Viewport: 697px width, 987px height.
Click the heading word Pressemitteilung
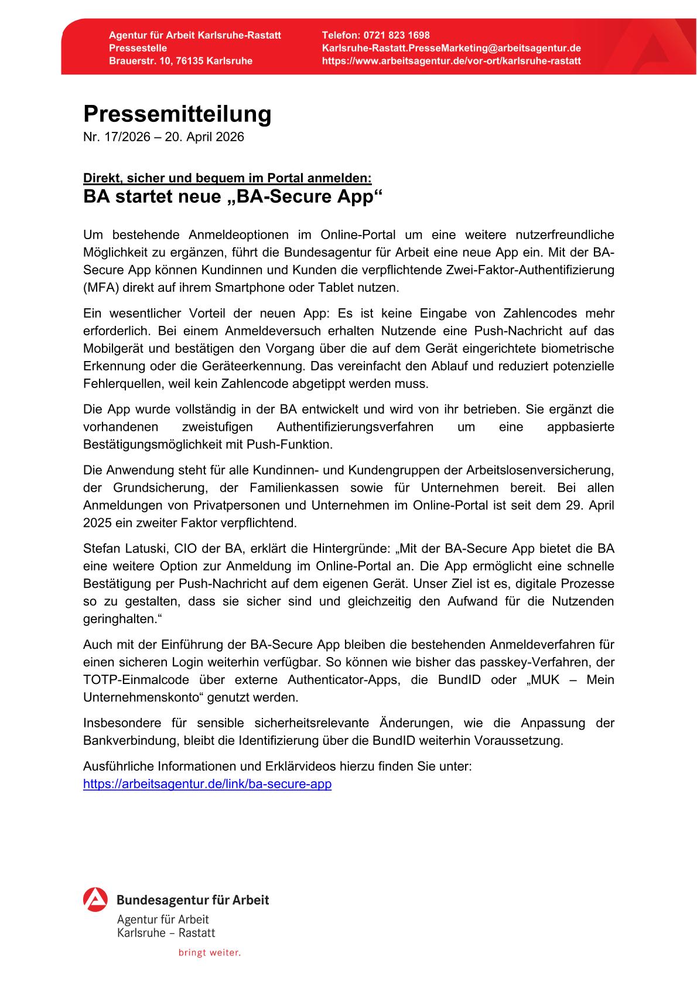click(177, 114)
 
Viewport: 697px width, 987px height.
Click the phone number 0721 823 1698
click(396, 35)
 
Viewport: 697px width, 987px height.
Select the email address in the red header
click(451, 48)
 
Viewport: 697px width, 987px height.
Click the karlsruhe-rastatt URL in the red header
click(451, 61)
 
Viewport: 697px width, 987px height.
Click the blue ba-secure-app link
click(207, 784)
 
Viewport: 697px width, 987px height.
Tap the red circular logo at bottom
click(95, 900)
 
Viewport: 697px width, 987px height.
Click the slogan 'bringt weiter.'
click(210, 953)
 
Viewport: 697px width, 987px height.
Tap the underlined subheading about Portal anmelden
click(227, 178)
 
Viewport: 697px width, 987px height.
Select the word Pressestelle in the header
click(138, 48)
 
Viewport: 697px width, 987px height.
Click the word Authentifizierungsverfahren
click(355, 427)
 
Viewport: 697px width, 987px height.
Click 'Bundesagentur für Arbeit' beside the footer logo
click(193, 900)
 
